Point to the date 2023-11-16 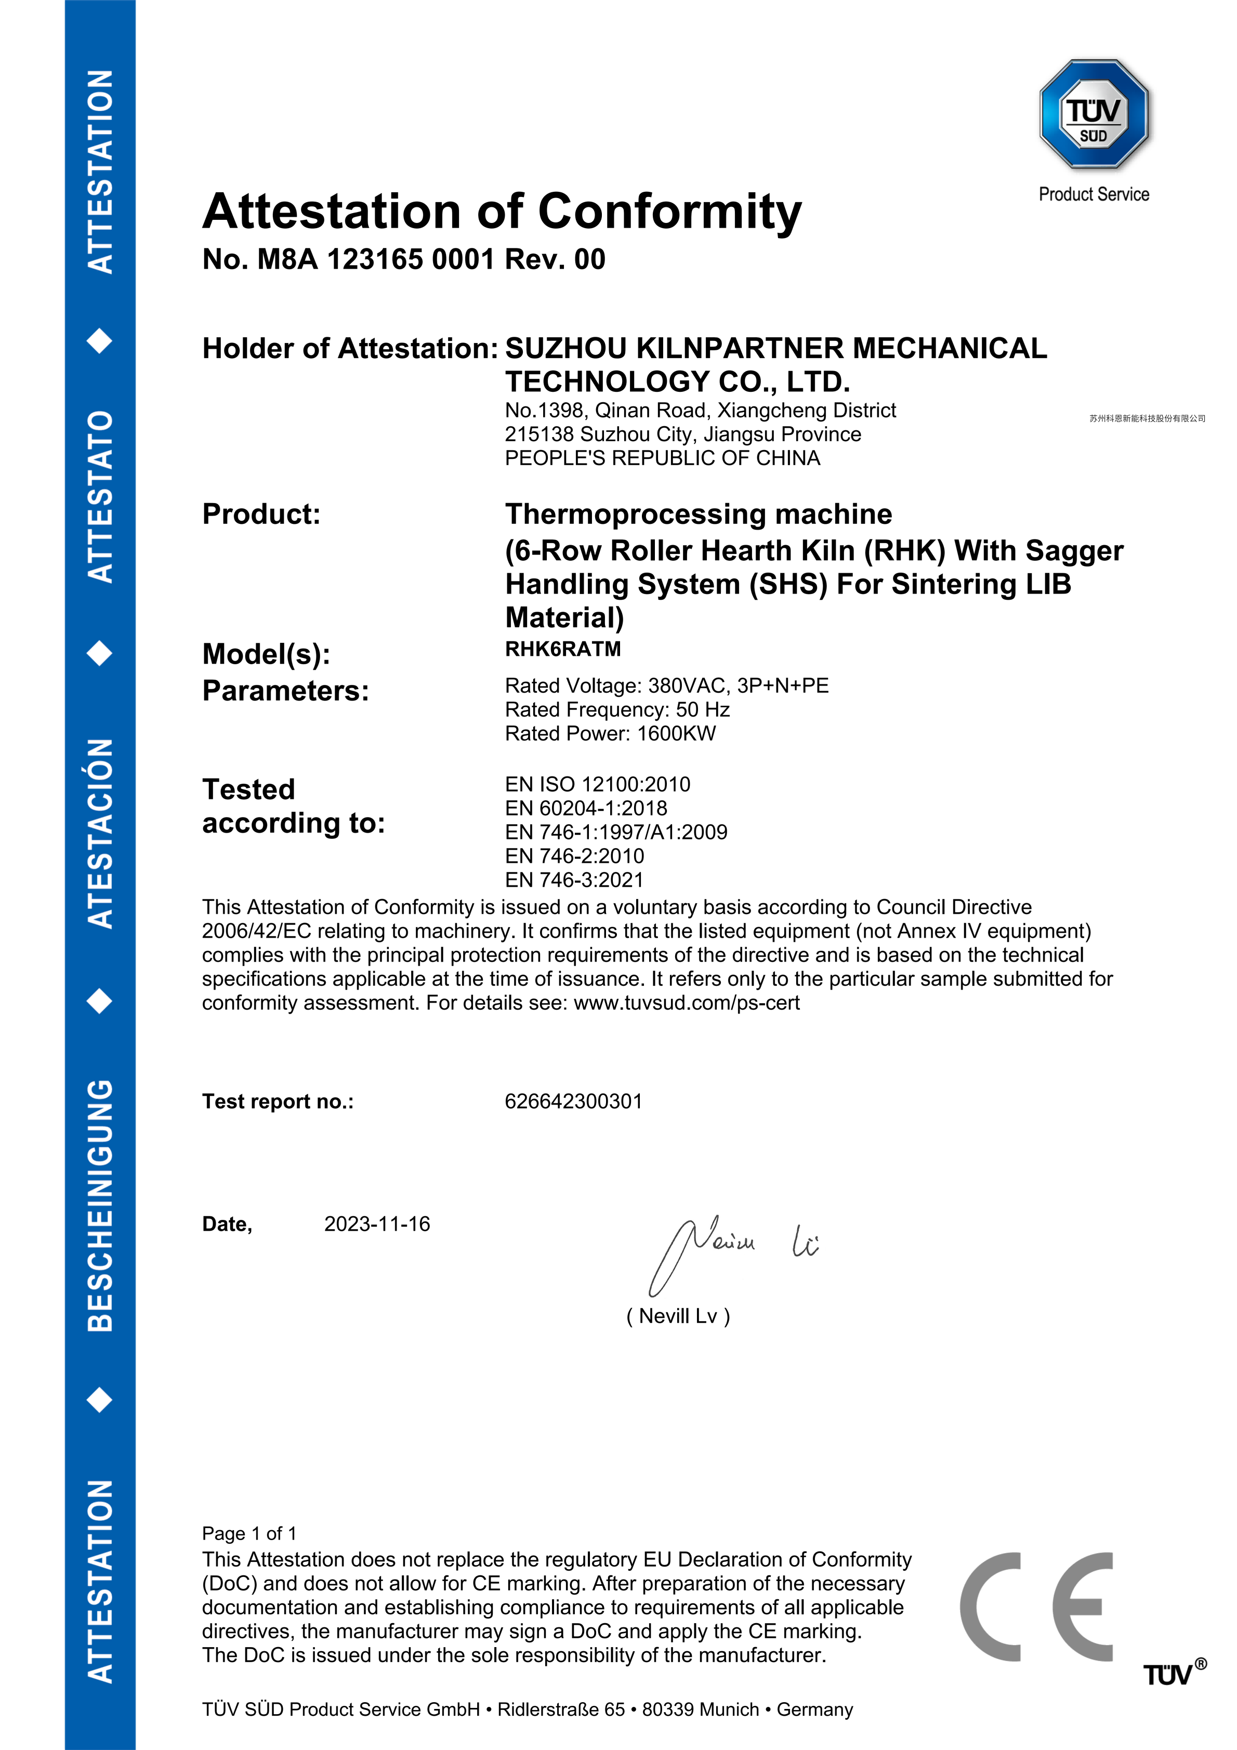click(376, 1224)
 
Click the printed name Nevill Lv click(678, 1317)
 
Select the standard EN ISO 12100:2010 click(598, 784)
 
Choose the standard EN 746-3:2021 click(574, 880)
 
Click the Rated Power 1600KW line click(610, 734)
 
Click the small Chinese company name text click(1147, 418)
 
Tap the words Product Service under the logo click(1094, 194)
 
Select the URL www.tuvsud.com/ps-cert click(686, 1003)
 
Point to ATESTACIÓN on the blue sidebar click(101, 833)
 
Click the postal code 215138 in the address click(538, 435)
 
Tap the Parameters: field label click(285, 691)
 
